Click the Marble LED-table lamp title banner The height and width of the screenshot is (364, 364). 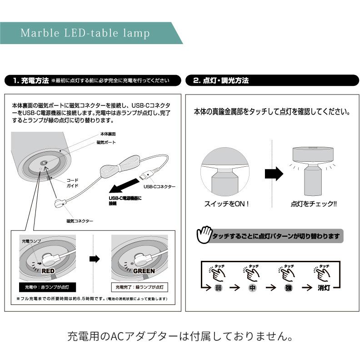pos(85,33)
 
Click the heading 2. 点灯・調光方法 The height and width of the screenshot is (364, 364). pos(221,80)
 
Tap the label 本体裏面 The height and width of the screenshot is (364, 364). pos(108,135)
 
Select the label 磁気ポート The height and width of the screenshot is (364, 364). pos(106,142)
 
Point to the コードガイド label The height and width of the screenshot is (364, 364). pos(73,182)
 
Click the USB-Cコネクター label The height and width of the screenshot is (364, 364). pos(160,187)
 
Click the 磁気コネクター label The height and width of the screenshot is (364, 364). pos(80,221)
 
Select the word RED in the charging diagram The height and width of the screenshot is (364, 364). pos(48,271)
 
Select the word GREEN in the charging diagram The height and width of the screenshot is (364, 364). pos(144,271)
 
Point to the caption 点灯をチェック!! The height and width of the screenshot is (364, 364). pos(314,204)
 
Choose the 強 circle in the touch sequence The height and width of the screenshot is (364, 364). pos(288,287)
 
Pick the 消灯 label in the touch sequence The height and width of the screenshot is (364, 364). pos(324,287)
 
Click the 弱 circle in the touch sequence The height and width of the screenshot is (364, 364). pos(218,287)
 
